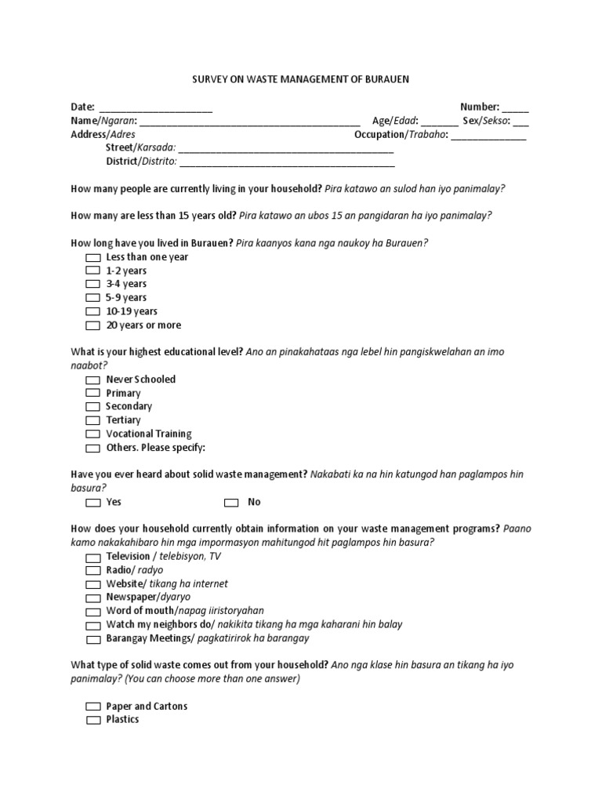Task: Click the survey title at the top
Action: point(301,79)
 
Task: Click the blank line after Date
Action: point(155,108)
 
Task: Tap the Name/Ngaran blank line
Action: point(249,122)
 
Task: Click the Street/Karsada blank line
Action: point(286,149)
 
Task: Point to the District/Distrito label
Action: point(141,162)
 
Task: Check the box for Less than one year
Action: point(93,257)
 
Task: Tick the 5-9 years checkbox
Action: point(93,298)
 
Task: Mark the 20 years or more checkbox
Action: point(93,325)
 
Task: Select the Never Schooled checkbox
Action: point(93,380)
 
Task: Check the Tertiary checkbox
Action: point(93,420)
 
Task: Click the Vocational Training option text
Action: point(149,434)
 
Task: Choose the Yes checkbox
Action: point(93,502)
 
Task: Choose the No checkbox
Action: point(231,502)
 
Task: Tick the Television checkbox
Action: point(93,557)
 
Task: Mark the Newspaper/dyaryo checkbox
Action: point(93,598)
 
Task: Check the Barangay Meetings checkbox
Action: point(93,638)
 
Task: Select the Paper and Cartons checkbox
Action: point(93,707)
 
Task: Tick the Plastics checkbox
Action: point(93,720)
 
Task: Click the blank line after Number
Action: point(515,108)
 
